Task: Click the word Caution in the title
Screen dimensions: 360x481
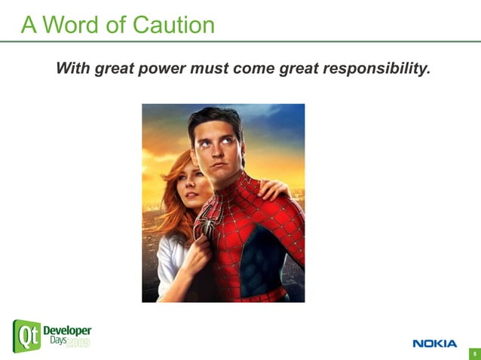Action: coord(173,25)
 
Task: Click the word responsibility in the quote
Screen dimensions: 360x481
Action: coord(377,69)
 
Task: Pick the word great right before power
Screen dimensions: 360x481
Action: coord(114,69)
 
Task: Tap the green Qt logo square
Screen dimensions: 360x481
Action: coord(26,336)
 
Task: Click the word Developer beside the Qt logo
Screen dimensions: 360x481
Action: coord(67,331)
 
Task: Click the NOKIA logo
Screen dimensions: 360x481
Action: coord(434,343)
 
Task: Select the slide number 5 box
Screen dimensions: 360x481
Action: coord(474,353)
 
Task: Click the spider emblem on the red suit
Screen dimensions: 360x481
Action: coord(205,225)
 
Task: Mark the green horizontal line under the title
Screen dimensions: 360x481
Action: coord(240,41)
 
